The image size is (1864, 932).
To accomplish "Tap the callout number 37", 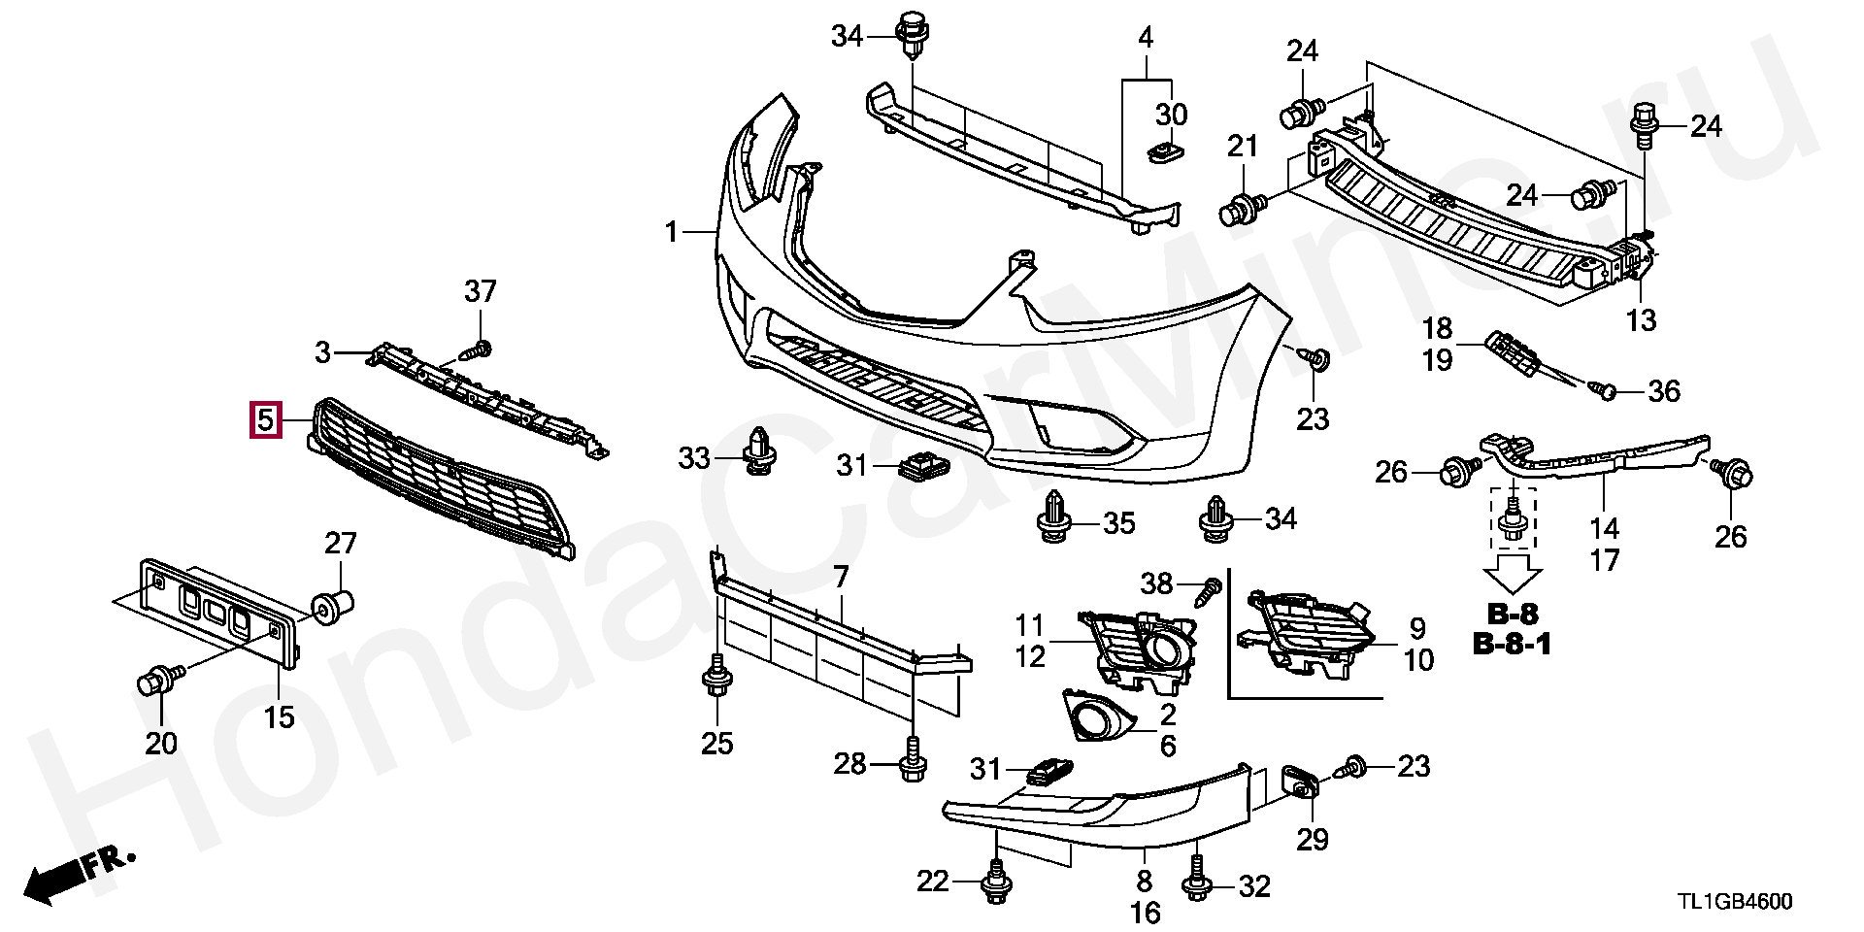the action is tap(481, 290).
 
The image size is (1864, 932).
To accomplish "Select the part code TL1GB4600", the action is tap(1734, 902).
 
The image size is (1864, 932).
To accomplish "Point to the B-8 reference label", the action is tap(1513, 614).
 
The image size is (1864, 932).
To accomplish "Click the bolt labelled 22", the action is tap(995, 882).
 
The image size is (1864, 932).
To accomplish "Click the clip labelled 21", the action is tap(1244, 208).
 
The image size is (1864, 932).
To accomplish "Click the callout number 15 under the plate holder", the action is tap(280, 718).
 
